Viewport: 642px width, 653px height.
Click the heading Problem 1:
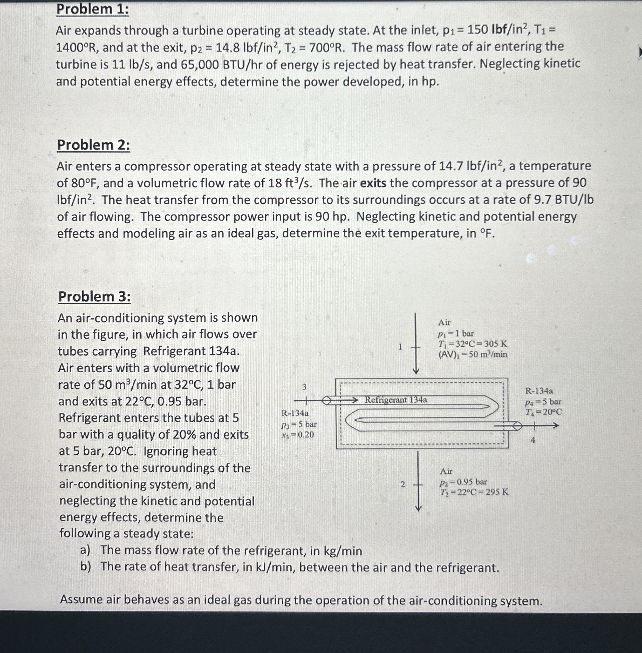(92, 9)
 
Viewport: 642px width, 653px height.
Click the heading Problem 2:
(93, 145)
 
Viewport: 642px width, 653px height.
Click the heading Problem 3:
(94, 297)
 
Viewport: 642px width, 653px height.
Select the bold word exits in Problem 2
(373, 183)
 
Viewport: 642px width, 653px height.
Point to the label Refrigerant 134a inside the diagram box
(395, 400)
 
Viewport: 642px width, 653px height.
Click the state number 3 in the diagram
(304, 387)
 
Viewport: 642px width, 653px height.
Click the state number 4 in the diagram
(533, 440)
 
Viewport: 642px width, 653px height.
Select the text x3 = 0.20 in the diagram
(297, 435)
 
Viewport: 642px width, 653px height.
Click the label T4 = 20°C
(544, 412)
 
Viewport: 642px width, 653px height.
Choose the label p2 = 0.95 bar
(463, 482)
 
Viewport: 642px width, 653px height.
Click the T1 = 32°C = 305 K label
(472, 344)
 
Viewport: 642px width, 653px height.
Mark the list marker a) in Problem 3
(85, 550)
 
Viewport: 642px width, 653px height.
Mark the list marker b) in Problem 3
(85, 567)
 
